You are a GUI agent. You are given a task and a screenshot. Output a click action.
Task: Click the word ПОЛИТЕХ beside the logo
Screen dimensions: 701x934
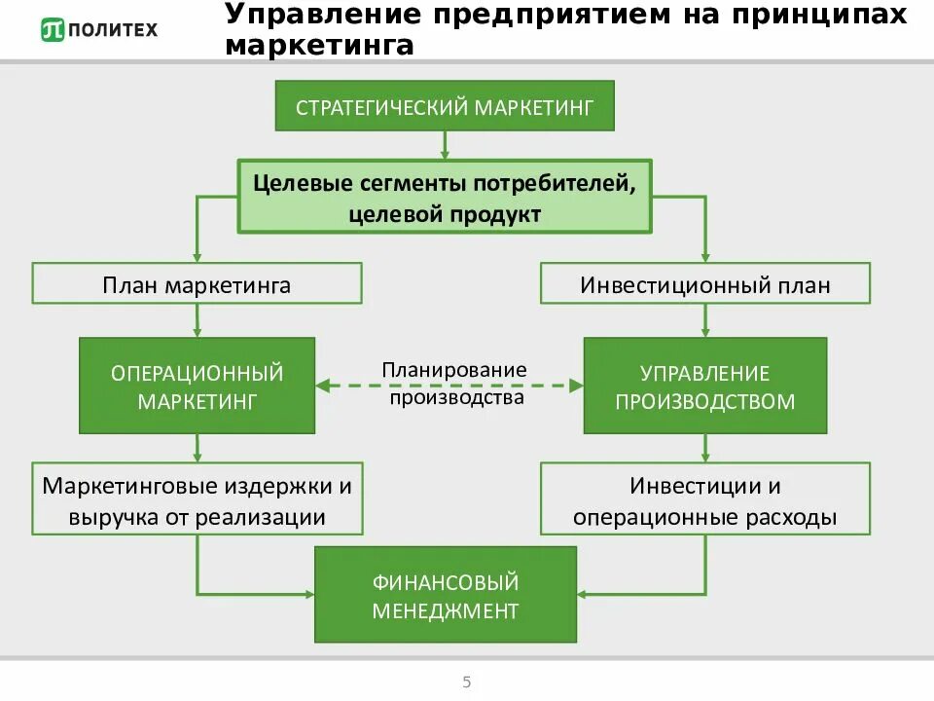pyautogui.click(x=111, y=30)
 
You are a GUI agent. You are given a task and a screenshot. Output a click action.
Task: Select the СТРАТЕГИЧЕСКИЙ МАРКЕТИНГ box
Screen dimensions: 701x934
pyautogui.click(x=445, y=106)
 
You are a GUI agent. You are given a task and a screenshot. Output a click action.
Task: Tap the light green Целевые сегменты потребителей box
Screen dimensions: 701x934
pyautogui.click(x=445, y=198)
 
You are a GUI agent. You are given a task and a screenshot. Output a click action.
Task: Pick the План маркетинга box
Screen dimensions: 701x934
pyautogui.click(x=198, y=284)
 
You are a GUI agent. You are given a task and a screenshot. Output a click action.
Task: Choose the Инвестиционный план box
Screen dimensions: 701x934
pyautogui.click(x=705, y=284)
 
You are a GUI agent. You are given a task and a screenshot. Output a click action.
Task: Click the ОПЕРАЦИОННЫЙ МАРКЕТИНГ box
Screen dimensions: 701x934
pyautogui.click(x=198, y=386)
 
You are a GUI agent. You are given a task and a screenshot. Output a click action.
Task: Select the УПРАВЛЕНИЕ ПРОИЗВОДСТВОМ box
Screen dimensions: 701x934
pyautogui.click(x=705, y=386)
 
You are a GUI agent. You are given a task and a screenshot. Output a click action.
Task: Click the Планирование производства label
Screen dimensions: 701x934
pyautogui.click(x=453, y=384)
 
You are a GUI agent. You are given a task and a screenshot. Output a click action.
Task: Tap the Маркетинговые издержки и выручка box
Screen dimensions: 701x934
pyautogui.click(x=198, y=499)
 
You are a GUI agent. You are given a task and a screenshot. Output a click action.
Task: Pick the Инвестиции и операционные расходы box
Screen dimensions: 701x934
pyautogui.click(x=705, y=499)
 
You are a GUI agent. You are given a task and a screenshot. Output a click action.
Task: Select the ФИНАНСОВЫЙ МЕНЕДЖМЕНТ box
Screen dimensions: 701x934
pyautogui.click(x=445, y=597)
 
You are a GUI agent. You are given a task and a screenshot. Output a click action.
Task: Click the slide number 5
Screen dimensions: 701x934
pyautogui.click(x=467, y=682)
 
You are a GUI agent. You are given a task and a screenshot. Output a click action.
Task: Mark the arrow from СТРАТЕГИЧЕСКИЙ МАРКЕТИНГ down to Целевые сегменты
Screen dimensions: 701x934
pyautogui.click(x=445, y=144)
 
